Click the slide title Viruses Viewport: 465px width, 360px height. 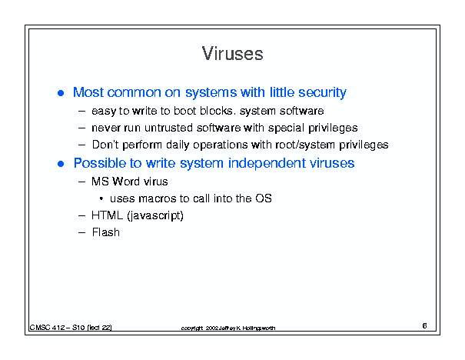(x=232, y=54)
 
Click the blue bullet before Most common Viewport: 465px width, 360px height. (x=61, y=93)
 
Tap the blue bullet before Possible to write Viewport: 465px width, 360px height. (x=61, y=164)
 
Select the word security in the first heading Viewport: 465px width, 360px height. (x=322, y=92)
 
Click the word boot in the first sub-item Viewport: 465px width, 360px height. (x=185, y=111)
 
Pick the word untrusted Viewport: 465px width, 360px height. (x=169, y=128)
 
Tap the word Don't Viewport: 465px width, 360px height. (x=105, y=145)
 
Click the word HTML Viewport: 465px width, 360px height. (x=107, y=215)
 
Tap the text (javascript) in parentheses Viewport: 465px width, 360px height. (x=155, y=215)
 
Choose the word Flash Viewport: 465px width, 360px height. (x=106, y=232)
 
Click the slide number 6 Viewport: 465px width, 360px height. (x=425, y=326)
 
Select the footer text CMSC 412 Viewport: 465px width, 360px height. (x=47, y=328)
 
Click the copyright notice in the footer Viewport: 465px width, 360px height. (x=228, y=328)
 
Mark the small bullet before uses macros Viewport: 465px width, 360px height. (x=101, y=198)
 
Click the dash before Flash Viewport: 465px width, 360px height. (x=81, y=232)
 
